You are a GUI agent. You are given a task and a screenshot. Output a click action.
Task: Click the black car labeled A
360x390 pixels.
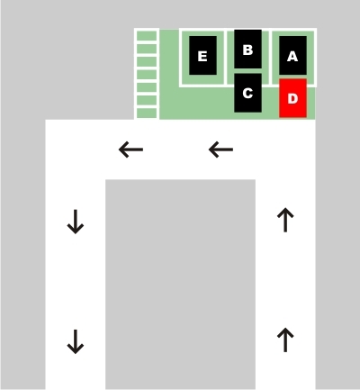point(292,56)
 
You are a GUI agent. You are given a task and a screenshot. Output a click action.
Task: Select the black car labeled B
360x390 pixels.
point(247,49)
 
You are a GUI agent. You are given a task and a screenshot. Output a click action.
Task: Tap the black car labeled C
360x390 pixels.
point(247,93)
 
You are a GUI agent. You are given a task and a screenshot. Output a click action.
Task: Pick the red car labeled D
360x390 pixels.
point(292,98)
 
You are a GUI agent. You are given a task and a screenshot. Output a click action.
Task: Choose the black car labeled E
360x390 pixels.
point(202,56)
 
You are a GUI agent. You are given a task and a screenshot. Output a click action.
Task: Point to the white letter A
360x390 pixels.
point(292,56)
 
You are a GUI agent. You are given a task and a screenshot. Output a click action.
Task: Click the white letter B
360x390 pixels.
point(247,50)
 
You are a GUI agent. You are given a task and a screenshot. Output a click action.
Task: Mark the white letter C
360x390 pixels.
point(247,93)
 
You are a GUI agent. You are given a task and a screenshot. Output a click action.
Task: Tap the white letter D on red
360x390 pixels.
point(292,98)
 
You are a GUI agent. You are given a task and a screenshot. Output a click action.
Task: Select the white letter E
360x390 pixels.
point(202,56)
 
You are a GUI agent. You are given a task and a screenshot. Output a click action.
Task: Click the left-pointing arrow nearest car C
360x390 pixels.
point(220,150)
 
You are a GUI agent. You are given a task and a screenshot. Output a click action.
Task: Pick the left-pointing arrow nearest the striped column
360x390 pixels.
point(130,150)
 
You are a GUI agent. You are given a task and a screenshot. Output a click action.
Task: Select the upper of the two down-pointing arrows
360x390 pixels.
point(76,222)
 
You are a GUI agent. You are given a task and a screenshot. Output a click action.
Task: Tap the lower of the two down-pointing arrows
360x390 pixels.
point(76,341)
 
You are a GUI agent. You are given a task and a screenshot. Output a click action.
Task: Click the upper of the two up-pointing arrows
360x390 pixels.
point(285,220)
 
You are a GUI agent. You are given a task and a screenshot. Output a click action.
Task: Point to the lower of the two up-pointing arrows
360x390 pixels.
point(285,340)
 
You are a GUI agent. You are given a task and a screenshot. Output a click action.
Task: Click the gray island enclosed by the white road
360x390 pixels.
point(180,285)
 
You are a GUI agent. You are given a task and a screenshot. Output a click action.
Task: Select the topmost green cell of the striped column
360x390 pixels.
point(147,35)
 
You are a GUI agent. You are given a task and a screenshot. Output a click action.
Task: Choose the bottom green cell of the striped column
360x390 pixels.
point(147,113)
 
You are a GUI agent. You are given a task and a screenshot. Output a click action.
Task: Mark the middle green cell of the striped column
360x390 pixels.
point(147,75)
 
